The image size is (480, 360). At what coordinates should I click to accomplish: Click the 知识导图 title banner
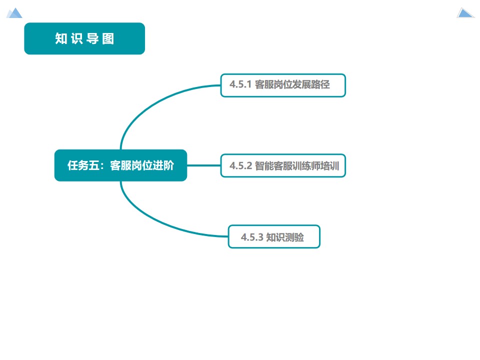pyautogui.click(x=84, y=38)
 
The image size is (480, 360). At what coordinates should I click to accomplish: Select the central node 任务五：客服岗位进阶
pyautogui.click(x=120, y=165)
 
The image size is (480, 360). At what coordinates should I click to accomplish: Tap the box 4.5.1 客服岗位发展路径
pyautogui.click(x=283, y=85)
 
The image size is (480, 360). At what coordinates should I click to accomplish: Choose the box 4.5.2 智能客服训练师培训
pyautogui.click(x=283, y=165)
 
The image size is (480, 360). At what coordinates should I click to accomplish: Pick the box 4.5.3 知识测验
pyautogui.click(x=274, y=236)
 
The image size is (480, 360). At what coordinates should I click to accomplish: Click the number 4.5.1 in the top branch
pyautogui.click(x=240, y=85)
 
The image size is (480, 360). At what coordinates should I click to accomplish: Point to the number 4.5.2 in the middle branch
pyautogui.click(x=240, y=165)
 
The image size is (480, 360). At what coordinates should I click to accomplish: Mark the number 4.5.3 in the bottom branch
pyautogui.click(x=251, y=237)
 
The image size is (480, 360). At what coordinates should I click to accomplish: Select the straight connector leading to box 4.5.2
pyautogui.click(x=204, y=165)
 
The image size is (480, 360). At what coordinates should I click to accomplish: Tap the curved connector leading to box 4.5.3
pyautogui.click(x=150, y=220)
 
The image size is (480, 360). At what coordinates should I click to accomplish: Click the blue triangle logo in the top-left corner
pyautogui.click(x=14, y=13)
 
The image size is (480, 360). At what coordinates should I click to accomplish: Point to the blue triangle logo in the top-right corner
pyautogui.click(x=465, y=13)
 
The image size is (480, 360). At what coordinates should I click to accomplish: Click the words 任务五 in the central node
pyautogui.click(x=81, y=165)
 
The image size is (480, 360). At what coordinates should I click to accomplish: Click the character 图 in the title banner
pyautogui.click(x=108, y=38)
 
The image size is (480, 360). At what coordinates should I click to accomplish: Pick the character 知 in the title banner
pyautogui.click(x=61, y=38)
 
